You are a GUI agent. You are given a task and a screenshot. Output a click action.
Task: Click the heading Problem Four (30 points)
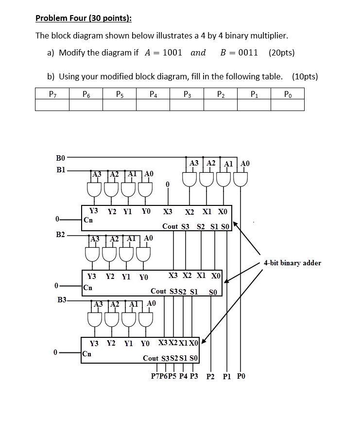pyautogui.click(x=84, y=19)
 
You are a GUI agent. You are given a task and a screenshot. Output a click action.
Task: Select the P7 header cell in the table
pyautogui.click(x=52, y=93)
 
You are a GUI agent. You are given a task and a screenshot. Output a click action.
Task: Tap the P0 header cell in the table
pyautogui.click(x=287, y=93)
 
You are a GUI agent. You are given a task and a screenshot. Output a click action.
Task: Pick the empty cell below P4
pyautogui.click(x=153, y=105)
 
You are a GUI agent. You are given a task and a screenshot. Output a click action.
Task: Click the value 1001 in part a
pyautogui.click(x=172, y=53)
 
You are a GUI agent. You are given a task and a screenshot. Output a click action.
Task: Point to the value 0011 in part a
pyautogui.click(x=248, y=53)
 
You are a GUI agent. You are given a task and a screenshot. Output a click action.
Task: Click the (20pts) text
pyautogui.click(x=281, y=53)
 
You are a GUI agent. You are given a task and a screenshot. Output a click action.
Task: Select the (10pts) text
pyautogui.click(x=305, y=76)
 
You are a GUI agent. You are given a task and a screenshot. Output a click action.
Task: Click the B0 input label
pyautogui.click(x=60, y=158)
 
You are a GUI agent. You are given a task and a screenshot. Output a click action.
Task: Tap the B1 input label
pyautogui.click(x=60, y=170)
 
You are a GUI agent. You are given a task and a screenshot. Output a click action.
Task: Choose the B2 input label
pyautogui.click(x=60, y=235)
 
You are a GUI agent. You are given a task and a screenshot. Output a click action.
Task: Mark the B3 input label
pyautogui.click(x=62, y=300)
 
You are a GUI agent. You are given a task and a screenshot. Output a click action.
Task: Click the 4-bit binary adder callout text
pyautogui.click(x=292, y=263)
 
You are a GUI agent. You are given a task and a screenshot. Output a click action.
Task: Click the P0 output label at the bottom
pyautogui.click(x=241, y=376)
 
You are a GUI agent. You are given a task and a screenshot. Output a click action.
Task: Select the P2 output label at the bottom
pyautogui.click(x=210, y=376)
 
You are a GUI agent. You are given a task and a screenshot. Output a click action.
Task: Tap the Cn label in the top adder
pyautogui.click(x=88, y=220)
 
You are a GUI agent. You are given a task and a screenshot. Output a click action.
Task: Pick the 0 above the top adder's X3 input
pyautogui.click(x=168, y=184)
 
